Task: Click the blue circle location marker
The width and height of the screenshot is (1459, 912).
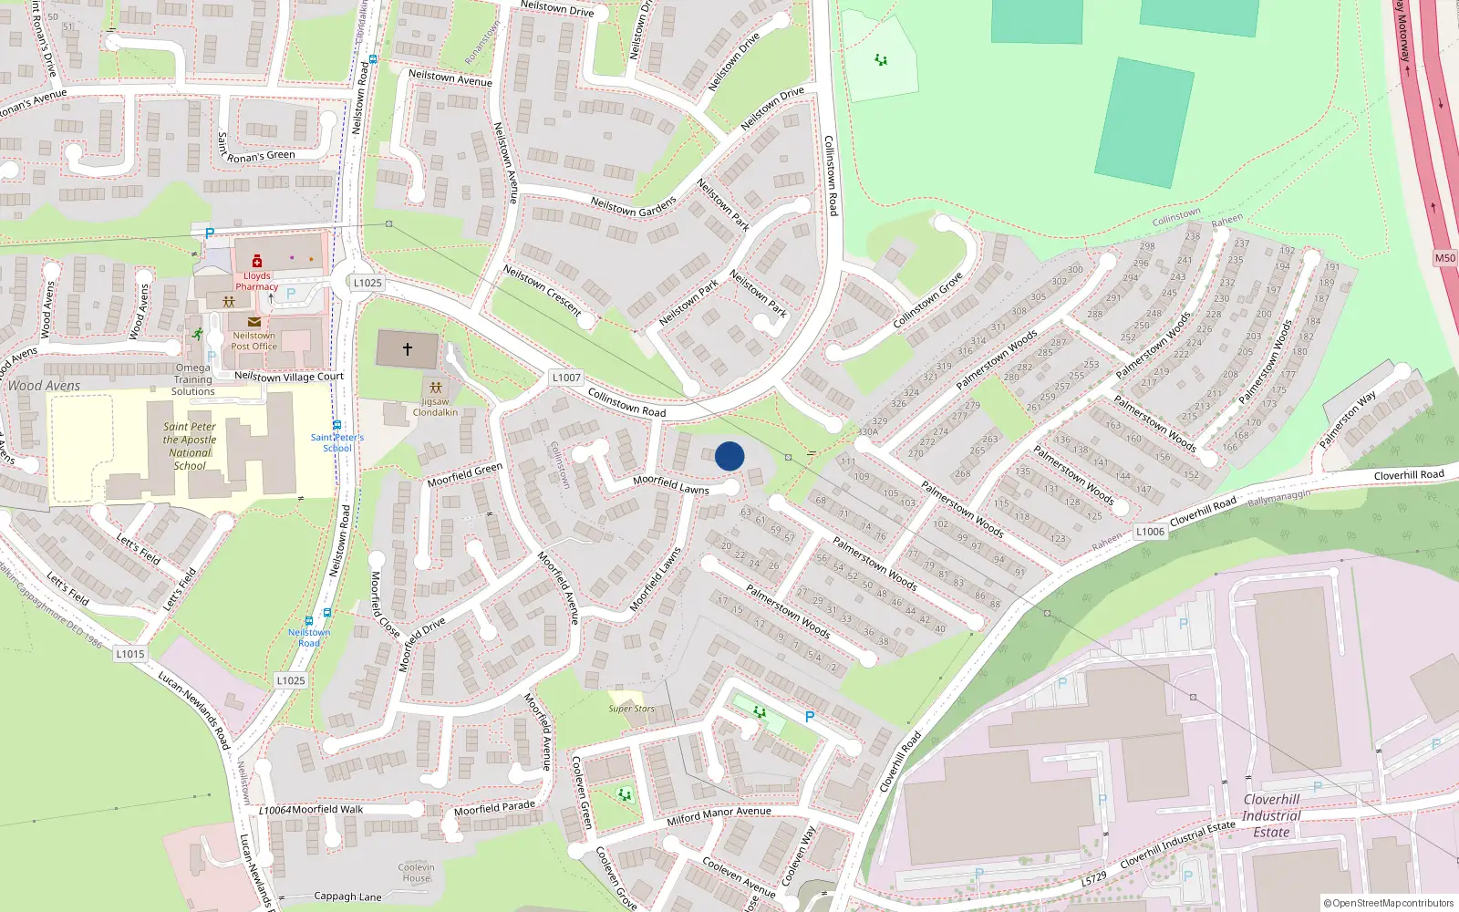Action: point(729,456)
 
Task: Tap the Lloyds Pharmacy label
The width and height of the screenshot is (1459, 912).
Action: point(257,281)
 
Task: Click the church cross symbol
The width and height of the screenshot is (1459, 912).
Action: point(408,348)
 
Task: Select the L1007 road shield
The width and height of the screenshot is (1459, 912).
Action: point(566,378)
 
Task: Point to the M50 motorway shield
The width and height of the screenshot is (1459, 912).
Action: point(1445,258)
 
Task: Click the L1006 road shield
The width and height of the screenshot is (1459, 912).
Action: point(1151,532)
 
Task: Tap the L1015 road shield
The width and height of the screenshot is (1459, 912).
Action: point(130,654)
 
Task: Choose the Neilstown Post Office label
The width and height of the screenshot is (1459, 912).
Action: point(254,341)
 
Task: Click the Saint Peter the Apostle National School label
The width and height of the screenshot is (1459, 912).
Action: point(190,446)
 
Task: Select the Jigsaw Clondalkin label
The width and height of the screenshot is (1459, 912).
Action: point(435,407)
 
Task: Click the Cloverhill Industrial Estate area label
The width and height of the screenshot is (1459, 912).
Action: point(1271,815)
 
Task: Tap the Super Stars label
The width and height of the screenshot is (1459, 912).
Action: point(632,709)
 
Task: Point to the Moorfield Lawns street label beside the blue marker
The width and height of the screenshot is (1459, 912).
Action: point(671,484)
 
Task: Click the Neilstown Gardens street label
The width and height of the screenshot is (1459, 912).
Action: point(634,207)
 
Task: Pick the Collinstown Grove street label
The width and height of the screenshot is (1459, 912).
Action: point(927,300)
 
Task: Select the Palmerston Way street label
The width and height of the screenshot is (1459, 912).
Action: point(1348,420)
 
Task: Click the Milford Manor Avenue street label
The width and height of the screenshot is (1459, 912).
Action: point(719,816)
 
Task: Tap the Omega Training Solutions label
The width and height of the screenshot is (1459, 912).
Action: point(193,379)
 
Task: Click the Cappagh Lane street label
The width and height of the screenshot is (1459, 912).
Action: point(347,896)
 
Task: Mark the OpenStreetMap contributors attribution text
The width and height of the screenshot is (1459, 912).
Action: point(1389,904)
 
